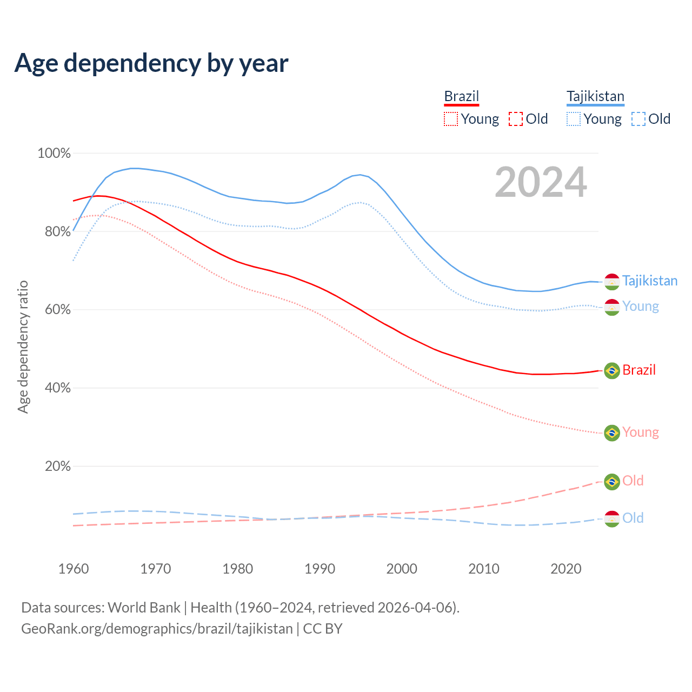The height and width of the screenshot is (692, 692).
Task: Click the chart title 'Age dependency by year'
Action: [151, 63]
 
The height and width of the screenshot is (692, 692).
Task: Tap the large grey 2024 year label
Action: [541, 183]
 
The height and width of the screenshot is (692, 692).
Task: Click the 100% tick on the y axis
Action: [54, 154]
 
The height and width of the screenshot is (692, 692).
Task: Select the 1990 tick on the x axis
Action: [320, 569]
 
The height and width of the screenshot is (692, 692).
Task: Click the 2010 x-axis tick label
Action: [484, 569]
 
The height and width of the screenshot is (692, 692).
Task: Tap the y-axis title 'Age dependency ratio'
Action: [23, 347]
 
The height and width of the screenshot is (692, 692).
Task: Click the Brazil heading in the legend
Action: [462, 96]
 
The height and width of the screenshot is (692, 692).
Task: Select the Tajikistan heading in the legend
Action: [595, 96]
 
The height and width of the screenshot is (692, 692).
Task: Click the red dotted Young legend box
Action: [451, 119]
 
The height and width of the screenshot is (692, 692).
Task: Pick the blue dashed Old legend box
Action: [638, 119]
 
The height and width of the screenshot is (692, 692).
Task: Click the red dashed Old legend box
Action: [516, 119]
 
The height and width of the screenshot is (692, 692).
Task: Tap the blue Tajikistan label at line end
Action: [649, 281]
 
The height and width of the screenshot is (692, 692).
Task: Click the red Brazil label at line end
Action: [638, 370]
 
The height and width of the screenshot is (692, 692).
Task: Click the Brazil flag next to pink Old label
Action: [612, 482]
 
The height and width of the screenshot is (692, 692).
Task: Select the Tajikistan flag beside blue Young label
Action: [612, 307]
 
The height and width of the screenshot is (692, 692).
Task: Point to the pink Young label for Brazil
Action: [640, 432]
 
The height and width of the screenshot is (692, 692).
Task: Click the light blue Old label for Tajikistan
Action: [633, 518]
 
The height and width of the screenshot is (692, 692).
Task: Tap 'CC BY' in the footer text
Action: [323, 629]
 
